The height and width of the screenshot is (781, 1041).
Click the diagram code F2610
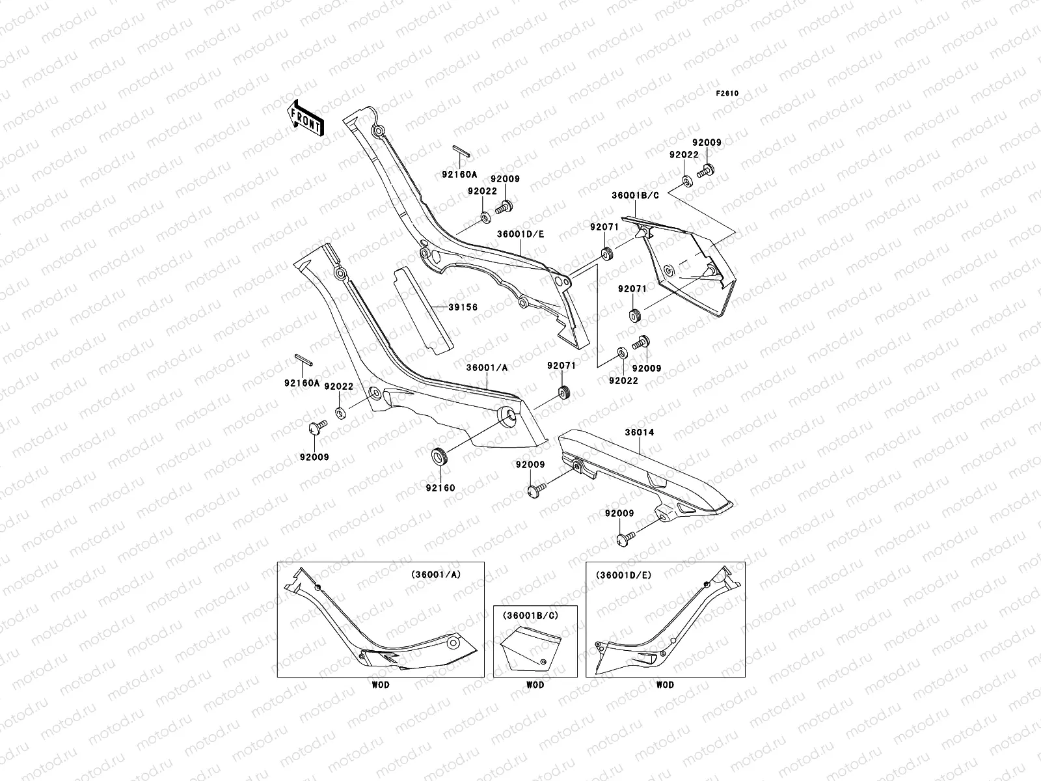[x=727, y=94]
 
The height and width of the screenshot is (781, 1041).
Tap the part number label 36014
[x=640, y=432]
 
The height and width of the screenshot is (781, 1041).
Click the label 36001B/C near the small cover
[x=635, y=195]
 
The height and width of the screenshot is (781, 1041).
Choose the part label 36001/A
[x=486, y=367]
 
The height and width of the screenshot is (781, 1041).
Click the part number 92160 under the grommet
[x=440, y=487]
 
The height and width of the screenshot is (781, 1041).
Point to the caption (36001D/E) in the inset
[x=623, y=575]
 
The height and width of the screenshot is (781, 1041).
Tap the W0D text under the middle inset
[x=535, y=685]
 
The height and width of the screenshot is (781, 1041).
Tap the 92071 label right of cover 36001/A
[x=561, y=366]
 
